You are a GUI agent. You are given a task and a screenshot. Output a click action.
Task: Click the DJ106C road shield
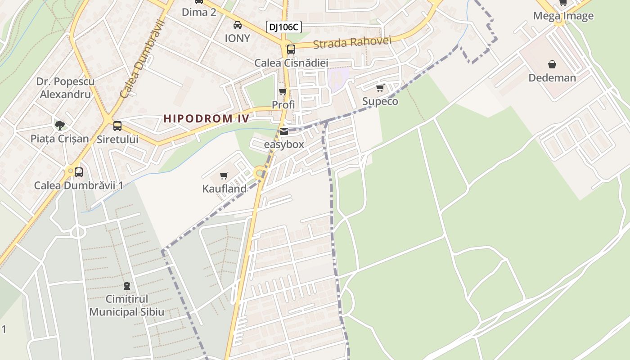(283, 27)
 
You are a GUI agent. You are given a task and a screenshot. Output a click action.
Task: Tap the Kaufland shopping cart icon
(224, 175)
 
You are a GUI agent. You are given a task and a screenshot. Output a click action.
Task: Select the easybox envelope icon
(284, 132)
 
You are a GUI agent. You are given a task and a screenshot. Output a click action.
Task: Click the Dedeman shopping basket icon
(552, 65)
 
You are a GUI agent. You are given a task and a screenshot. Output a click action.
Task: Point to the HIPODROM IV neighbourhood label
(206, 119)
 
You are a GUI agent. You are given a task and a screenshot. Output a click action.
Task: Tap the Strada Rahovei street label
(352, 43)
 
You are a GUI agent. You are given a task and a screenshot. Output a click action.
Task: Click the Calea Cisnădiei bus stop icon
(291, 49)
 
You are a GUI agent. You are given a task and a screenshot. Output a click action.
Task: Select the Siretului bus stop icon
(117, 126)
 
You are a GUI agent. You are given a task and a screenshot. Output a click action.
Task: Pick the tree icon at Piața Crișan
(59, 125)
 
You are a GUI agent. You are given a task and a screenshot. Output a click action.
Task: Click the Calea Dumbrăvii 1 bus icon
(79, 172)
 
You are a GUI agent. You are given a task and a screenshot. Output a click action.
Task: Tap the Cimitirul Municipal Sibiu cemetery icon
(127, 286)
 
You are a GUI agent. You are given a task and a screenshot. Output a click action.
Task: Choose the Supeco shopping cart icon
(380, 88)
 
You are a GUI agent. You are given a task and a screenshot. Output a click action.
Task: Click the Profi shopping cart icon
(283, 92)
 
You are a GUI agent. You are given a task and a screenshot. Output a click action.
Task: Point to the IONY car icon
(237, 25)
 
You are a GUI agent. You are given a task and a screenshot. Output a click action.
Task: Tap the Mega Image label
(563, 16)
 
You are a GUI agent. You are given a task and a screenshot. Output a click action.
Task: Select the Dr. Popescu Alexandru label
(65, 88)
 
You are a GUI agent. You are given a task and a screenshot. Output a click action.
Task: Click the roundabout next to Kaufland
(259, 173)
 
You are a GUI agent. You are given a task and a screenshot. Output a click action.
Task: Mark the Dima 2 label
(199, 12)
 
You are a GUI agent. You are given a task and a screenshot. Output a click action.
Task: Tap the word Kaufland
(225, 189)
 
